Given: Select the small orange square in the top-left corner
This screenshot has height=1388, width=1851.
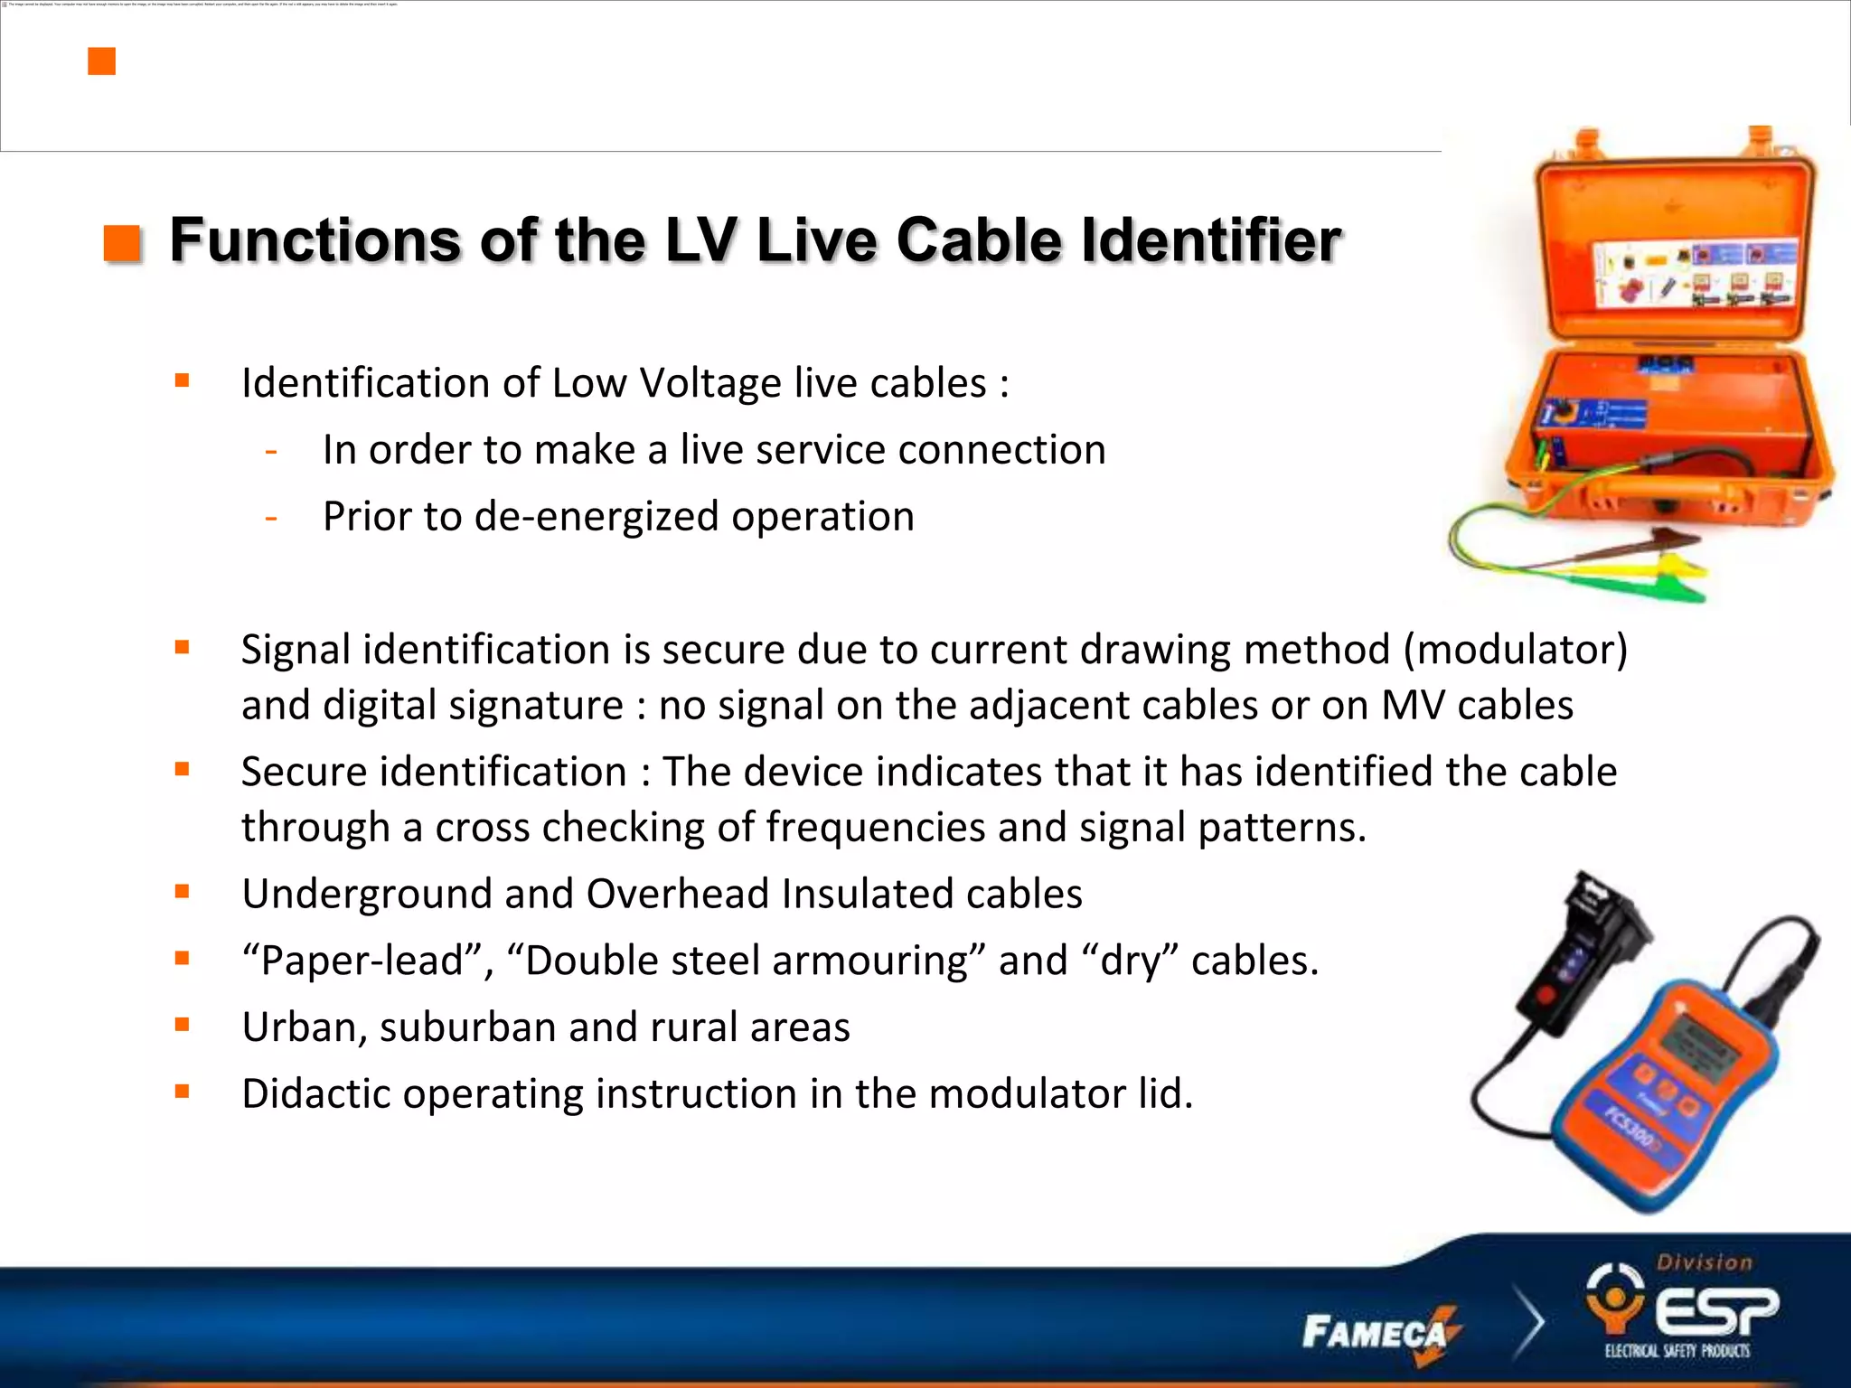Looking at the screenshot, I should (x=101, y=61).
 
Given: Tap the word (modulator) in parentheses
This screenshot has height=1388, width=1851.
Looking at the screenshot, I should (x=1515, y=650).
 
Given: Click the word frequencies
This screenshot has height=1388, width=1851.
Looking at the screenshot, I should (x=875, y=827).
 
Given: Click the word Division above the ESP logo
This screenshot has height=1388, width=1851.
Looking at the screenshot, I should (x=1705, y=1262).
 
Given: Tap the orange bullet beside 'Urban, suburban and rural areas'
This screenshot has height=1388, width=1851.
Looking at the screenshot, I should (x=183, y=1025).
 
